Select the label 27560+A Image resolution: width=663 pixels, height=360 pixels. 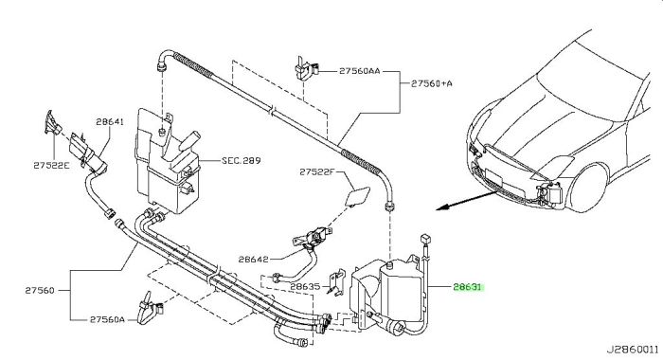(432, 84)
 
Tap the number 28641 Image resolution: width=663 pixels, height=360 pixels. (110, 121)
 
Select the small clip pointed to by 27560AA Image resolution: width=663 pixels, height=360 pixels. (302, 69)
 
